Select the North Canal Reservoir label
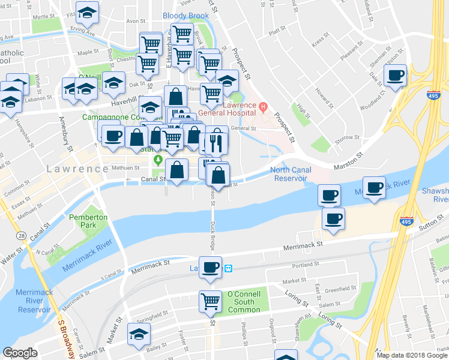click(292, 174)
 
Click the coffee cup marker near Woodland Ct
click(395, 76)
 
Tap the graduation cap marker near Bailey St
click(138, 335)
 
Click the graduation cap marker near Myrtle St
click(88, 13)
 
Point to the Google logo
click(20, 353)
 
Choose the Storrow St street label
click(348, 139)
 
